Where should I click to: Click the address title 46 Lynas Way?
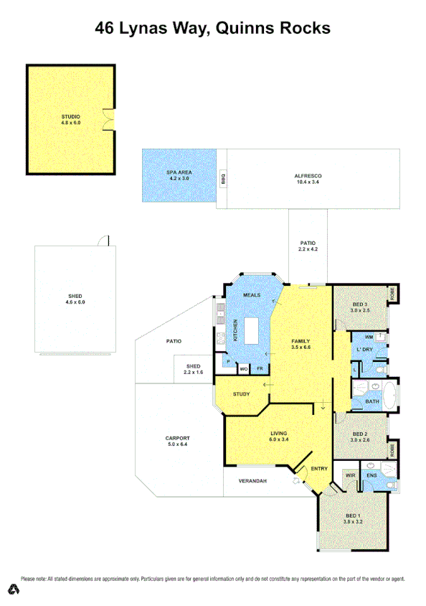213,29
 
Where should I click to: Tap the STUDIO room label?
70,116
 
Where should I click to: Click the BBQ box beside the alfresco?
222,179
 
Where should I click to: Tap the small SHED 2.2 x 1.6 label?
194,369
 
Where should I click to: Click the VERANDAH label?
252,480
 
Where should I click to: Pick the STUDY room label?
241,393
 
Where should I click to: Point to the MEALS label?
252,295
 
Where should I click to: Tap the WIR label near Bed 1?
351,475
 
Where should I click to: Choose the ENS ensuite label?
371,475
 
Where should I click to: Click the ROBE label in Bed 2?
392,449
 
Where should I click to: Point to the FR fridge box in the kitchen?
259,369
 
